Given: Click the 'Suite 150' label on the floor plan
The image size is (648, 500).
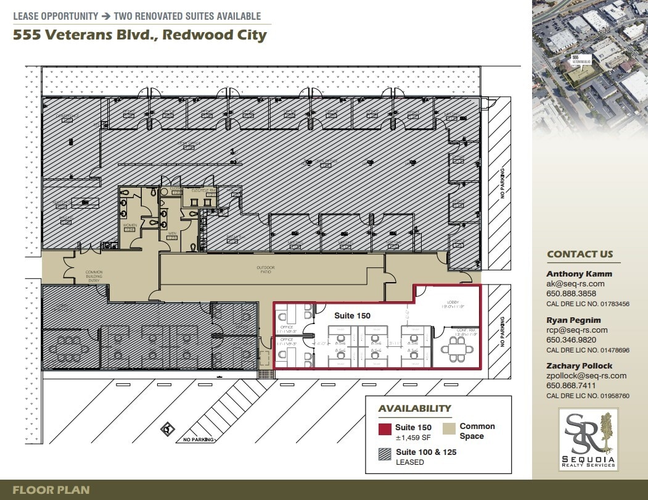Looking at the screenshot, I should pyautogui.click(x=352, y=315).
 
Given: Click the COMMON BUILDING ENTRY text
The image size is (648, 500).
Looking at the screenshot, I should pyautogui.click(x=94, y=276).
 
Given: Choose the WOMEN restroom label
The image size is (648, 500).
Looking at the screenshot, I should pyautogui.click(x=130, y=226).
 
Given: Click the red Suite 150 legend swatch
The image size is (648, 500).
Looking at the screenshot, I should pyautogui.click(x=385, y=430).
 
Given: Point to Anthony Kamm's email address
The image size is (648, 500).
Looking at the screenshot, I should pyautogui.click(x=575, y=284).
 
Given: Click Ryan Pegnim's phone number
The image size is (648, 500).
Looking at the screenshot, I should pyautogui.click(x=571, y=340).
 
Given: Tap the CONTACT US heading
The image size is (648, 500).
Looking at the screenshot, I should pyautogui.click(x=580, y=254).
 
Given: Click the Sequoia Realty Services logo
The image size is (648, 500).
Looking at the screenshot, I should pyautogui.click(x=589, y=439).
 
